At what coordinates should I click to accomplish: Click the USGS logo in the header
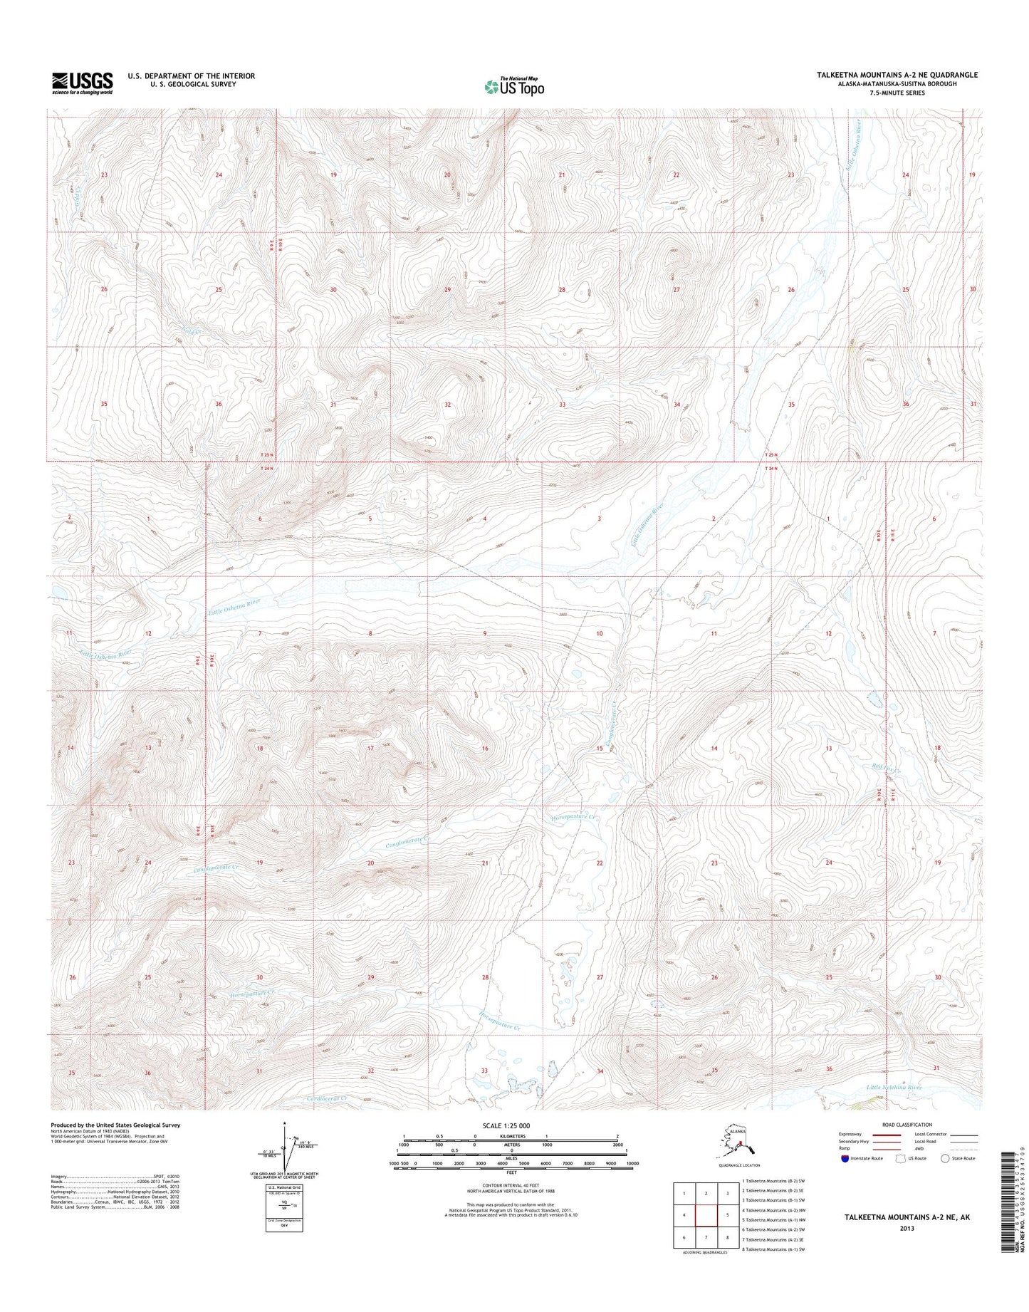82,83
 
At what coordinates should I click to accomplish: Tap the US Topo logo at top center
514,86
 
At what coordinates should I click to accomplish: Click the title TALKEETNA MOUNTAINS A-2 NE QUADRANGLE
897,75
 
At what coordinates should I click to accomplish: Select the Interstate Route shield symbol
845,1158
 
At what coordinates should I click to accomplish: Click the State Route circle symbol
946,1158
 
